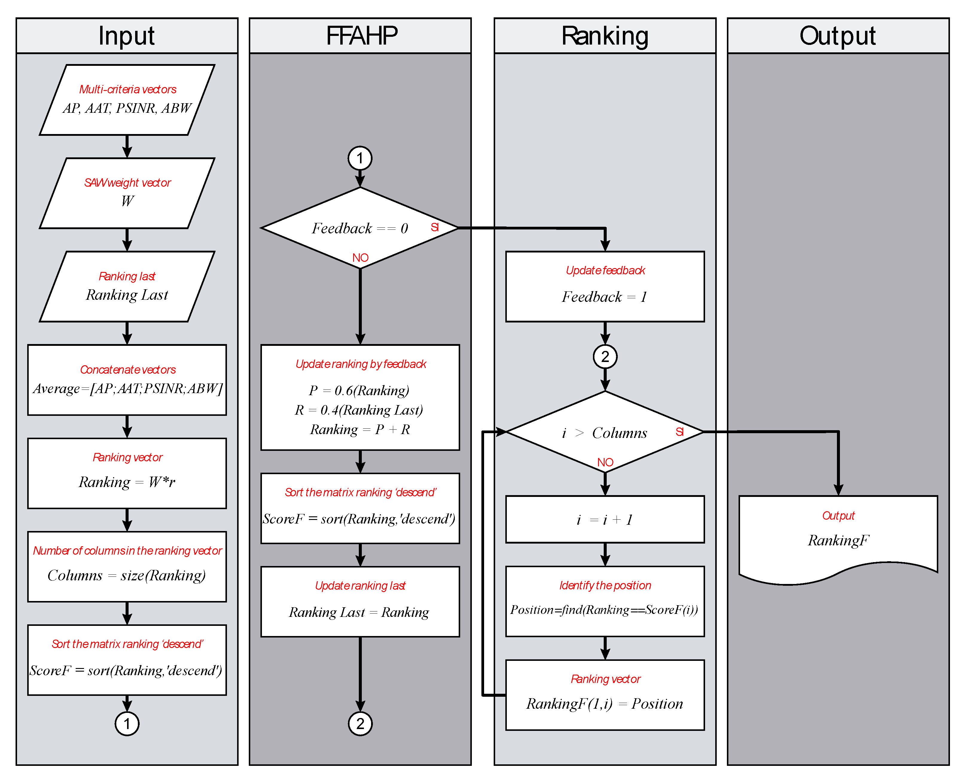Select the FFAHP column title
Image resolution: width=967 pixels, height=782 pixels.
click(x=361, y=36)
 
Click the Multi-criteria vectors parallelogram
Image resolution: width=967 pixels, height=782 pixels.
click(x=127, y=100)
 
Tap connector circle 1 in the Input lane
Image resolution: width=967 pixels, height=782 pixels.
click(x=127, y=723)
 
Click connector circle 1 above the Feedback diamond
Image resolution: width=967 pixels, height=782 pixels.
click(x=360, y=158)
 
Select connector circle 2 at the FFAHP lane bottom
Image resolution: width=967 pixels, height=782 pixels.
click(x=360, y=723)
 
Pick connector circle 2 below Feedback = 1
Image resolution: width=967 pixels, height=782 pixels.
click(x=605, y=356)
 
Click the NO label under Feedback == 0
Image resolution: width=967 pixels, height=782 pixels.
click(x=360, y=258)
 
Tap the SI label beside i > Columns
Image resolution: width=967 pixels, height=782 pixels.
click(x=679, y=432)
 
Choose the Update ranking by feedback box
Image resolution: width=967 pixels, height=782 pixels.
click(x=360, y=397)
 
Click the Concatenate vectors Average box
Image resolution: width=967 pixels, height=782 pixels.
click(x=127, y=380)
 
